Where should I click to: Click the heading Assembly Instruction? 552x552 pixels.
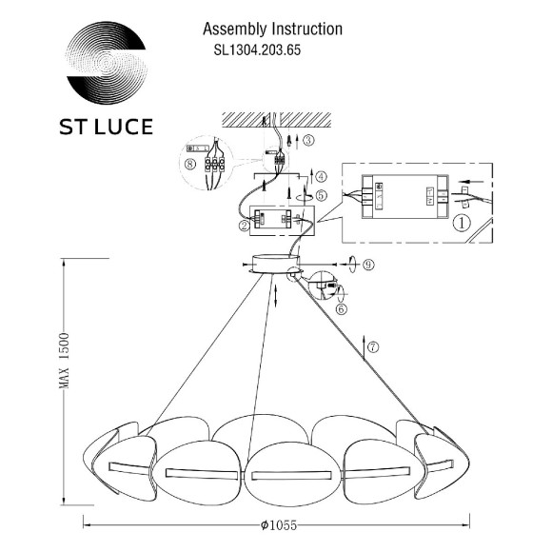pos(273,30)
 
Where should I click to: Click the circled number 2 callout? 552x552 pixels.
pos(245,226)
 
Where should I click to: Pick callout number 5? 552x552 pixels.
pos(321,195)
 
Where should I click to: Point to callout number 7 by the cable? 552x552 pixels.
pos(373,346)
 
